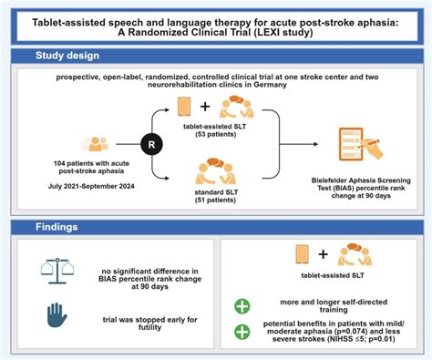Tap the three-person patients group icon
98,145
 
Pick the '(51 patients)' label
234,201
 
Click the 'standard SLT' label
234,191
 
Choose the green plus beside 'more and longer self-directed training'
242,306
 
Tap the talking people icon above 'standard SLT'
234,170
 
